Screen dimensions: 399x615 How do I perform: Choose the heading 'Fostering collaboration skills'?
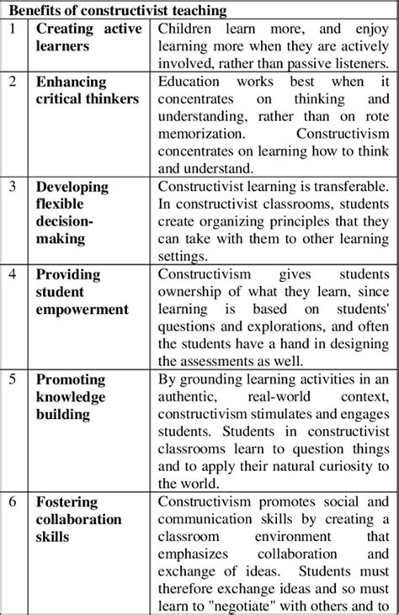(x=79, y=519)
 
